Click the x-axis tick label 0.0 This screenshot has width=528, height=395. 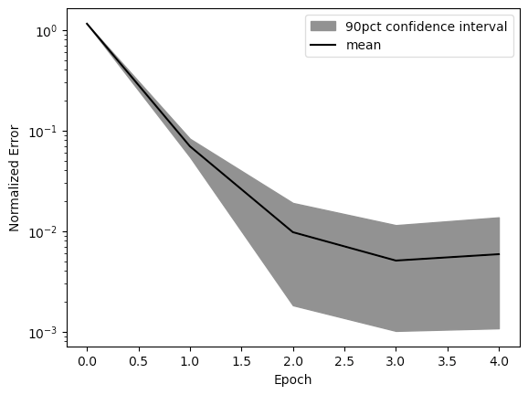pos(87,362)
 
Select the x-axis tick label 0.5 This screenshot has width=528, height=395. pos(139,362)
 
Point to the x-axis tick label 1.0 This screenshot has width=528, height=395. pos(190,362)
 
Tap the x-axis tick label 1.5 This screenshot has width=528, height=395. pos(241,362)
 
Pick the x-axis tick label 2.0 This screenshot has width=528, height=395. pos(293,362)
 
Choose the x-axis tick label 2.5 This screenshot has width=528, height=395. pos(344,362)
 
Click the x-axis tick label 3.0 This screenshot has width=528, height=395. pos(396,362)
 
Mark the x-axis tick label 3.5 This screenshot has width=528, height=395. pos(448,362)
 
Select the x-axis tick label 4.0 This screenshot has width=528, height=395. pos(499,362)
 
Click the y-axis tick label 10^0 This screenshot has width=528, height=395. pos(47,31)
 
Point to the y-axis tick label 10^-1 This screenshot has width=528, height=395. pos(44,132)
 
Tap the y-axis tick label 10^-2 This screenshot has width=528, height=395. pos(44,232)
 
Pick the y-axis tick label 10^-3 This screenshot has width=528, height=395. pos(44,334)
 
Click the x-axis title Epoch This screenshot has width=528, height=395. pos(292,380)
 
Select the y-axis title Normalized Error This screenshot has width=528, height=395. pos(14,178)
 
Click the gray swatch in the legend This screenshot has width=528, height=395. pos(323,27)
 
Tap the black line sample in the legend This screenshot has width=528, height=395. pos(323,45)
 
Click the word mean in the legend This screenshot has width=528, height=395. pos(364,45)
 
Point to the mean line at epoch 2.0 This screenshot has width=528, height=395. pos(293,232)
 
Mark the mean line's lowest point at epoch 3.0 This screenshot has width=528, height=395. pos(396,261)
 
